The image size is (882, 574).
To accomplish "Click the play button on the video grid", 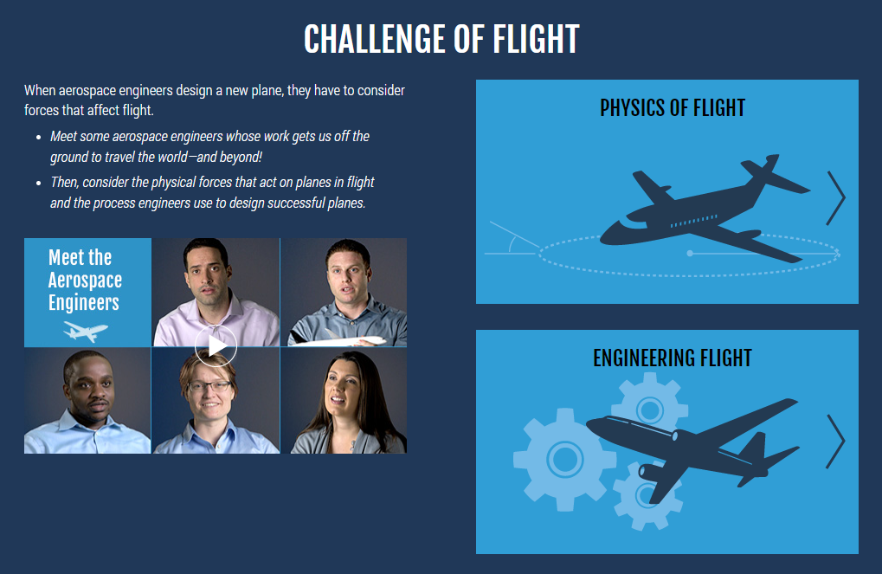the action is (216, 346).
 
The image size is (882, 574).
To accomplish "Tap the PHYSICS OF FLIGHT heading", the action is (673, 107).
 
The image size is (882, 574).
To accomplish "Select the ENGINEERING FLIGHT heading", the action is (673, 358).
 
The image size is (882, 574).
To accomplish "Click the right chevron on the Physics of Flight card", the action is (836, 198).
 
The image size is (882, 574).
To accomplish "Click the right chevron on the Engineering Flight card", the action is (836, 442).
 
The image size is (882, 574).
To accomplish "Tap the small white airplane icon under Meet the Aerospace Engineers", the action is (86, 331).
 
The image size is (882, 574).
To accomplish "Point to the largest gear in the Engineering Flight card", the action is (564, 460).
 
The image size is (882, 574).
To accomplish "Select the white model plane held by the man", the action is (338, 340).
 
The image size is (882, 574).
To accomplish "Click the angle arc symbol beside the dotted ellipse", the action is (512, 243).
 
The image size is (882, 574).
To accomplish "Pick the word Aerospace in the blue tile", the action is (85, 280).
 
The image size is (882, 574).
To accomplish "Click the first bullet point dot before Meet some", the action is (38, 138).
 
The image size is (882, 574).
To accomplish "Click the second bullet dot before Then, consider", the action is (38, 183).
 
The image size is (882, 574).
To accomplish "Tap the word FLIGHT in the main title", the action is (536, 39).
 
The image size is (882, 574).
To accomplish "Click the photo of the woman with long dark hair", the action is (344, 401).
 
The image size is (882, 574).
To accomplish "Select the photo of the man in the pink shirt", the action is (216, 292).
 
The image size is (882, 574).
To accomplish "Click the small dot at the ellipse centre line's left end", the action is (690, 253).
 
